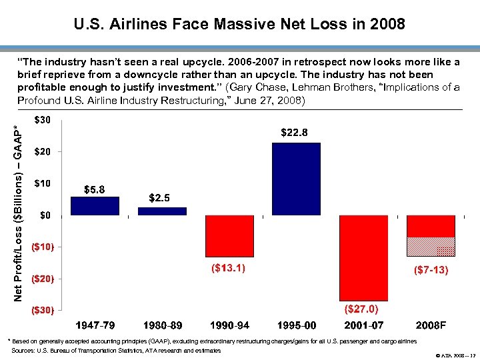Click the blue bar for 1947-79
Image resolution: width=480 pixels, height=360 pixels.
[x=95, y=206]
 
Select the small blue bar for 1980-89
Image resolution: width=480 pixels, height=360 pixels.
[x=162, y=211]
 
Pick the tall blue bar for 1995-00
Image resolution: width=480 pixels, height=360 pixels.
[x=297, y=179]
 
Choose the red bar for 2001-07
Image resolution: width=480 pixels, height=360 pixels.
[x=364, y=257]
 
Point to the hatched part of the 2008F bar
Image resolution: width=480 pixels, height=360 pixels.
[x=431, y=247]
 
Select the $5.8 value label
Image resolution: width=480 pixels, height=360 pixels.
[x=93, y=189]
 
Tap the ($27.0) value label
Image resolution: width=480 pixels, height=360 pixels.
[x=361, y=309]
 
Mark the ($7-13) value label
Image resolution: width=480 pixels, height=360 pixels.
[x=431, y=270]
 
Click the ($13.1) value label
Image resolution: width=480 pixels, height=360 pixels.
[x=228, y=268]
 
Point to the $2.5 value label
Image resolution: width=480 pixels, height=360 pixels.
[x=160, y=198]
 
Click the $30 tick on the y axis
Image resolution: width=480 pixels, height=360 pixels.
[x=43, y=120]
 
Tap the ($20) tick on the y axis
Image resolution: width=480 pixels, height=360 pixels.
[x=43, y=278]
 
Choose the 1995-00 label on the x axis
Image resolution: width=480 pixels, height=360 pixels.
[x=297, y=326]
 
